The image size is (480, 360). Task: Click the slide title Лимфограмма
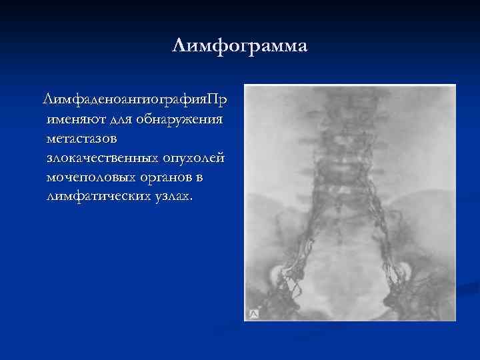click(239, 47)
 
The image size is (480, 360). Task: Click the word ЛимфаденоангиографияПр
click(134, 100)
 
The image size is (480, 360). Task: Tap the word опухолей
click(194, 159)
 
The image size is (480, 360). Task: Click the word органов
click(166, 178)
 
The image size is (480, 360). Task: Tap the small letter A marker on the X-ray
click(254, 313)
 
